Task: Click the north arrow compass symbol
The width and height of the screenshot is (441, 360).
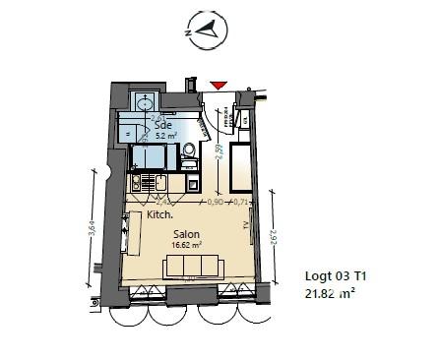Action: pyautogui.click(x=206, y=31)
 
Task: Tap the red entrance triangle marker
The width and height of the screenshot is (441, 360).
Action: pyautogui.click(x=219, y=88)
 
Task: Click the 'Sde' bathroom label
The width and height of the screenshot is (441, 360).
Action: pyautogui.click(x=161, y=125)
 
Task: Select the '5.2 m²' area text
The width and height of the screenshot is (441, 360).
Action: pyautogui.click(x=165, y=137)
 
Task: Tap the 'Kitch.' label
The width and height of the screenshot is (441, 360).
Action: pyautogui.click(x=159, y=214)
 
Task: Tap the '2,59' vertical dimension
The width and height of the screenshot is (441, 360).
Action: pyautogui.click(x=220, y=153)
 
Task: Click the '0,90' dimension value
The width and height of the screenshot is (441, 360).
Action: pyautogui.click(x=215, y=202)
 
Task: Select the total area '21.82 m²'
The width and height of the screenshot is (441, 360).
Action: pyautogui.click(x=332, y=293)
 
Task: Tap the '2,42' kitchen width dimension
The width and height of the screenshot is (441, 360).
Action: pyautogui.click(x=160, y=200)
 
